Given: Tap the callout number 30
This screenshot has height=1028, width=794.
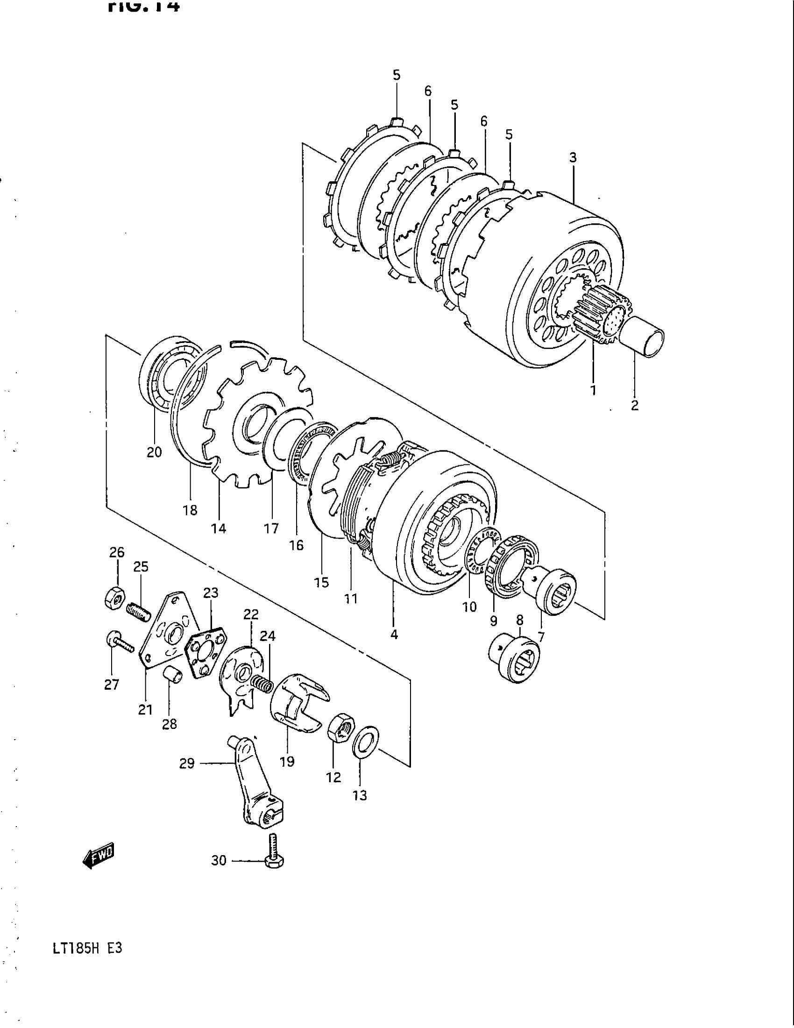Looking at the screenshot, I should click(x=219, y=860).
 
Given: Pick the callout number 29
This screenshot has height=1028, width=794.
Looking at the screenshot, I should click(x=187, y=764).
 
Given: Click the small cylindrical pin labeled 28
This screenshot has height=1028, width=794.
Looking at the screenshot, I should click(x=173, y=677).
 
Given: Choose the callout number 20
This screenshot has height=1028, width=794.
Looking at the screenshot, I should click(x=154, y=452).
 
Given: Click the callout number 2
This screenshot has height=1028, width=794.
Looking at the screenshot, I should click(x=635, y=405).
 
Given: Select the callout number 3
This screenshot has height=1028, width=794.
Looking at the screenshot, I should click(x=573, y=157).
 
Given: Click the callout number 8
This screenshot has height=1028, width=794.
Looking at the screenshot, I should click(x=519, y=621).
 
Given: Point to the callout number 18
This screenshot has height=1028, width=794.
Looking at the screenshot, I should click(x=190, y=510).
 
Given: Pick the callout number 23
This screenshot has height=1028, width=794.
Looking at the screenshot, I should click(x=211, y=593).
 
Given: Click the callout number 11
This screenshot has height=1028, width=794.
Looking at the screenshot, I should click(x=351, y=599).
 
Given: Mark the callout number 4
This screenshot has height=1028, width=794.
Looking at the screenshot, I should click(x=394, y=635).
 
